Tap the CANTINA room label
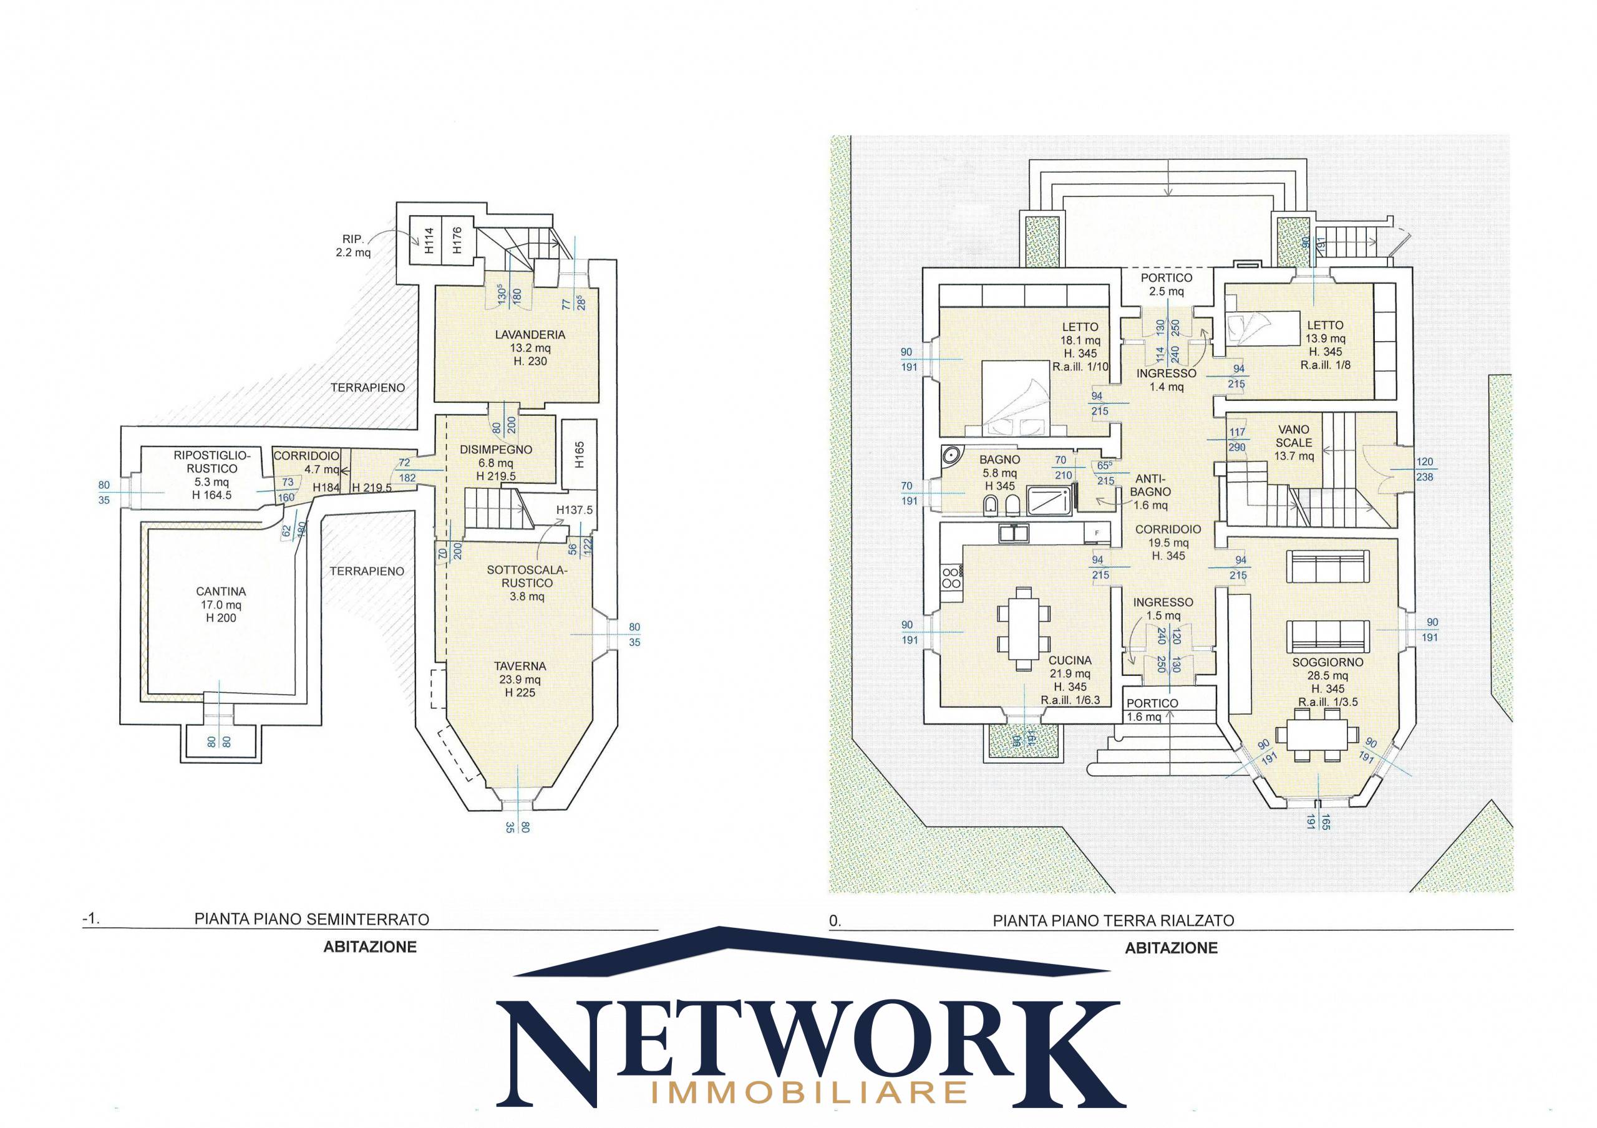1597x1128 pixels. coord(220,592)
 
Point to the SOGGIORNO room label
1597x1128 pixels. coord(1327,663)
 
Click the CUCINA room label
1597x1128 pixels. coord(1070,661)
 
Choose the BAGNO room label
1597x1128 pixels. coord(999,460)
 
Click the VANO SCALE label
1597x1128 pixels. coord(1294,436)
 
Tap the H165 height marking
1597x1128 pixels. coord(580,455)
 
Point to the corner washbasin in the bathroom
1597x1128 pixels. coord(951,456)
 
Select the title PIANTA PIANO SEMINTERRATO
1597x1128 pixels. coord(312,918)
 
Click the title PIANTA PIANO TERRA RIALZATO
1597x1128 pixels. coord(1114,921)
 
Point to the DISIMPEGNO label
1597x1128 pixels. coord(496,449)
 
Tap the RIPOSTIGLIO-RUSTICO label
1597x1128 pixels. coord(211,462)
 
